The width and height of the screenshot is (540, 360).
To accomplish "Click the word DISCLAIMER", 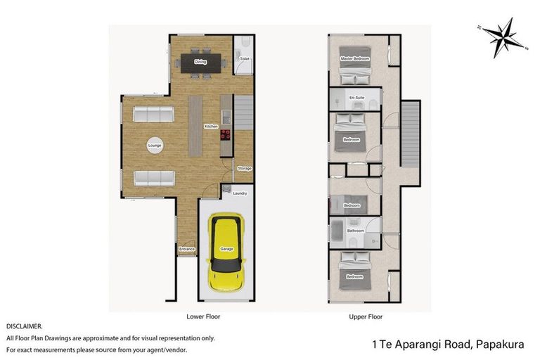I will coord(25,327).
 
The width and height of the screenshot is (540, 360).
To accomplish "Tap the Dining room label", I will coord(200,62).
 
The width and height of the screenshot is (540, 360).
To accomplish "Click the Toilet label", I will coord(244,59).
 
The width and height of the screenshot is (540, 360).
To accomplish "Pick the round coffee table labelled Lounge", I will coord(155,146).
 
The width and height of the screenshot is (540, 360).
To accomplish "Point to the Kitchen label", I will coord(210,127).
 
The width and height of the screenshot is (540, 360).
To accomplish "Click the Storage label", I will coord(244,169).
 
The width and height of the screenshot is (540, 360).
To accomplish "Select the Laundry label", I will coord(239,193).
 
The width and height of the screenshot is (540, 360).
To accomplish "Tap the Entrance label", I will coord(186,249).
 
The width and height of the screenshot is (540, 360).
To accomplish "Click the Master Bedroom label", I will coord(355,58).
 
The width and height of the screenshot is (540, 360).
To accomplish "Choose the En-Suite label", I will coord(356,97).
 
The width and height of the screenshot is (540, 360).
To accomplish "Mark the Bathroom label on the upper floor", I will coord(355,230).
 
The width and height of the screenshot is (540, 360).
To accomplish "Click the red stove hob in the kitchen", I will coord(226,136).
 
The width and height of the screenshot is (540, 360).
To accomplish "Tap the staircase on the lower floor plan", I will coord(243,112).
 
